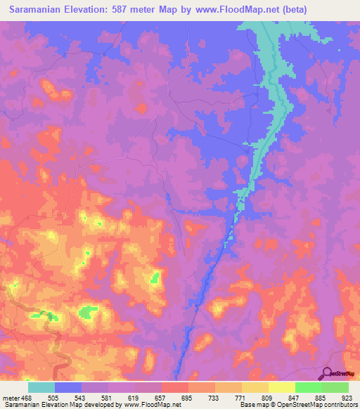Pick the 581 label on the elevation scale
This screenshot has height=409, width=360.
(x=122, y=397)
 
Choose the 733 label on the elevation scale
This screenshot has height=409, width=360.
(x=230, y=397)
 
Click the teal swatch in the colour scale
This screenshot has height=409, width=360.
(x=41, y=387)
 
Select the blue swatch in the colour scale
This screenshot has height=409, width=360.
(x=68, y=387)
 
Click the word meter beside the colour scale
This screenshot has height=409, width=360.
(x=12, y=397)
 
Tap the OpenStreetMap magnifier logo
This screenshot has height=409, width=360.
(x=326, y=373)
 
